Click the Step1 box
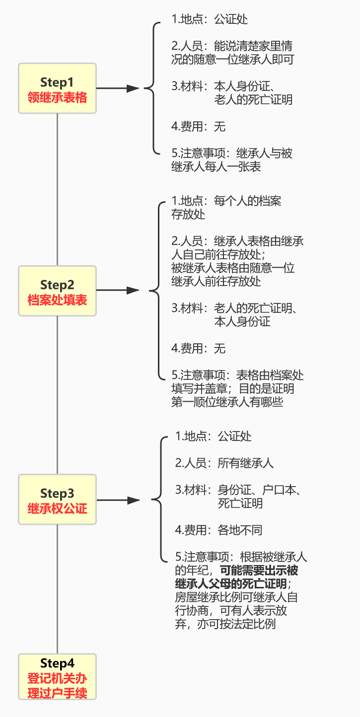click(x=57, y=88)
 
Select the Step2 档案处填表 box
click(x=57, y=291)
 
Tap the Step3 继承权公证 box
click(x=57, y=500)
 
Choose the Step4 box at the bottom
click(x=57, y=677)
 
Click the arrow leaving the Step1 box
click(x=118, y=88)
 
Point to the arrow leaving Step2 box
click(x=118, y=290)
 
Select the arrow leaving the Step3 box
click(x=118, y=500)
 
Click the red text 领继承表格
click(x=57, y=98)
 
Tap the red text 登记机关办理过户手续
click(x=57, y=686)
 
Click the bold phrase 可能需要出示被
click(x=259, y=570)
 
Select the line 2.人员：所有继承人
click(x=224, y=463)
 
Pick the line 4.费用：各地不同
click(x=218, y=530)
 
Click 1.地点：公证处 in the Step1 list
click(x=210, y=19)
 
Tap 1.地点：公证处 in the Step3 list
click(x=214, y=436)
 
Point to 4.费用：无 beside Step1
click(x=199, y=127)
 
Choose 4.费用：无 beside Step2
click(x=199, y=349)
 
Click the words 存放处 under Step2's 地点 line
click(x=188, y=214)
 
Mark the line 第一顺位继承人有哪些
click(x=227, y=402)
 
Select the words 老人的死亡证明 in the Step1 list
click(x=253, y=99)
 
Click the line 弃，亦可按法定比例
click(x=225, y=624)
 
